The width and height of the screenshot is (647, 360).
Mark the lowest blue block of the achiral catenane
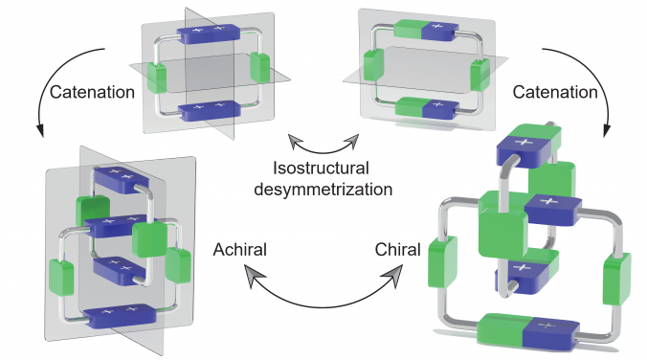pyautogui.click(x=123, y=314)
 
